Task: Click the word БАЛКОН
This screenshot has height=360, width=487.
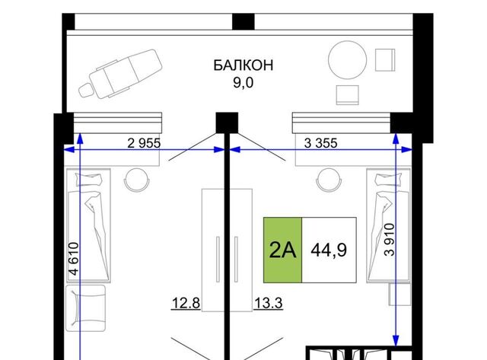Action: pos(243,65)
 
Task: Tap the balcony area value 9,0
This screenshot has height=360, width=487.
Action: pos(243,83)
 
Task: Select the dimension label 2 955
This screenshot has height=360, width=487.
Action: pos(144,143)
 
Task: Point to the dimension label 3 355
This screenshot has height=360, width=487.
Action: pos(320,143)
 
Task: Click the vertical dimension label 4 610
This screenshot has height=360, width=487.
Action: pos(74,259)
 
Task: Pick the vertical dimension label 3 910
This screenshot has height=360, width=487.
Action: pos(389,240)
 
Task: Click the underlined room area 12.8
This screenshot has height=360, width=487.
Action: pos(186,303)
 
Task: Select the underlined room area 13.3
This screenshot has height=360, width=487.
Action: pos(269,303)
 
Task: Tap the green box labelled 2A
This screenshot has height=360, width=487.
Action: pos(282,250)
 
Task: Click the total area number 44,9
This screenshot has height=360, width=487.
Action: pos(329,250)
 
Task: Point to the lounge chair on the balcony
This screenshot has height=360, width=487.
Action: pos(120,74)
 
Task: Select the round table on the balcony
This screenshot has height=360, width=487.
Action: pos(348,60)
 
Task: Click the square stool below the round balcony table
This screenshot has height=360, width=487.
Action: pos(348,94)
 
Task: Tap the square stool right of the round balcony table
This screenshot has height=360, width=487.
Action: pos(385,60)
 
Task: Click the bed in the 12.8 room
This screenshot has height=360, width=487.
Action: pos(88,225)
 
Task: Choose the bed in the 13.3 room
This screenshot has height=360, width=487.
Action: pos(389,225)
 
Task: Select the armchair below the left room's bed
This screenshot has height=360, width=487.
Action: pos(86,308)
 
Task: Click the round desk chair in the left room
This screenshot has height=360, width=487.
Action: pos(137,180)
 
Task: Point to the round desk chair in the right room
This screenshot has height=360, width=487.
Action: pos(329,180)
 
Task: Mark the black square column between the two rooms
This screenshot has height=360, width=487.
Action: pos(227,123)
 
